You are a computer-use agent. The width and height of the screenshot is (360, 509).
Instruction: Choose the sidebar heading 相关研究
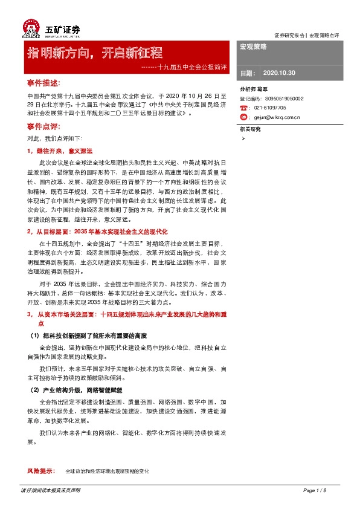pos(250,129)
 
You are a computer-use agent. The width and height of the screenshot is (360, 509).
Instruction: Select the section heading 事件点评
pos(43,126)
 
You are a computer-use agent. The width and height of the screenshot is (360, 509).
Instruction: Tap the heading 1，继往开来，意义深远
pos(60,151)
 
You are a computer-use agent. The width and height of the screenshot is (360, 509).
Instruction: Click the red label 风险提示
pos(41,470)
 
